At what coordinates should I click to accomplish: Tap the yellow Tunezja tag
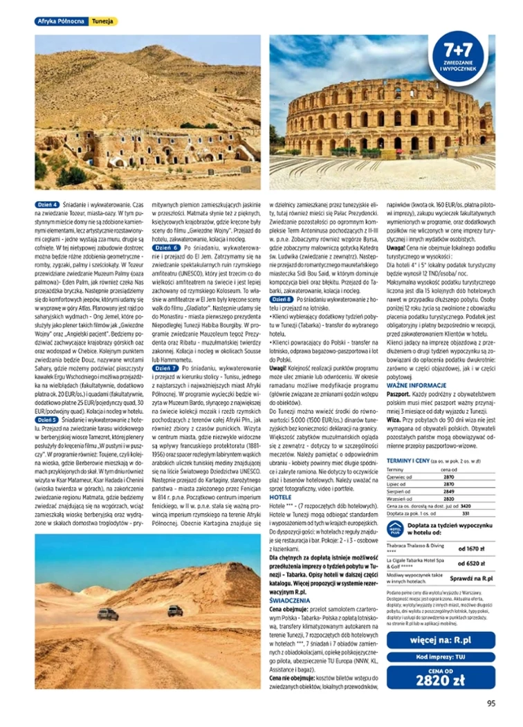coord(104,21)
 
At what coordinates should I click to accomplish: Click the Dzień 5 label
coord(47,419)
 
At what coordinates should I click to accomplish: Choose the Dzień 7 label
coord(167,369)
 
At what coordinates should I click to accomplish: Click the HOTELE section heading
coord(280,497)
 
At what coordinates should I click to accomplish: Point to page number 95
coord(491,703)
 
